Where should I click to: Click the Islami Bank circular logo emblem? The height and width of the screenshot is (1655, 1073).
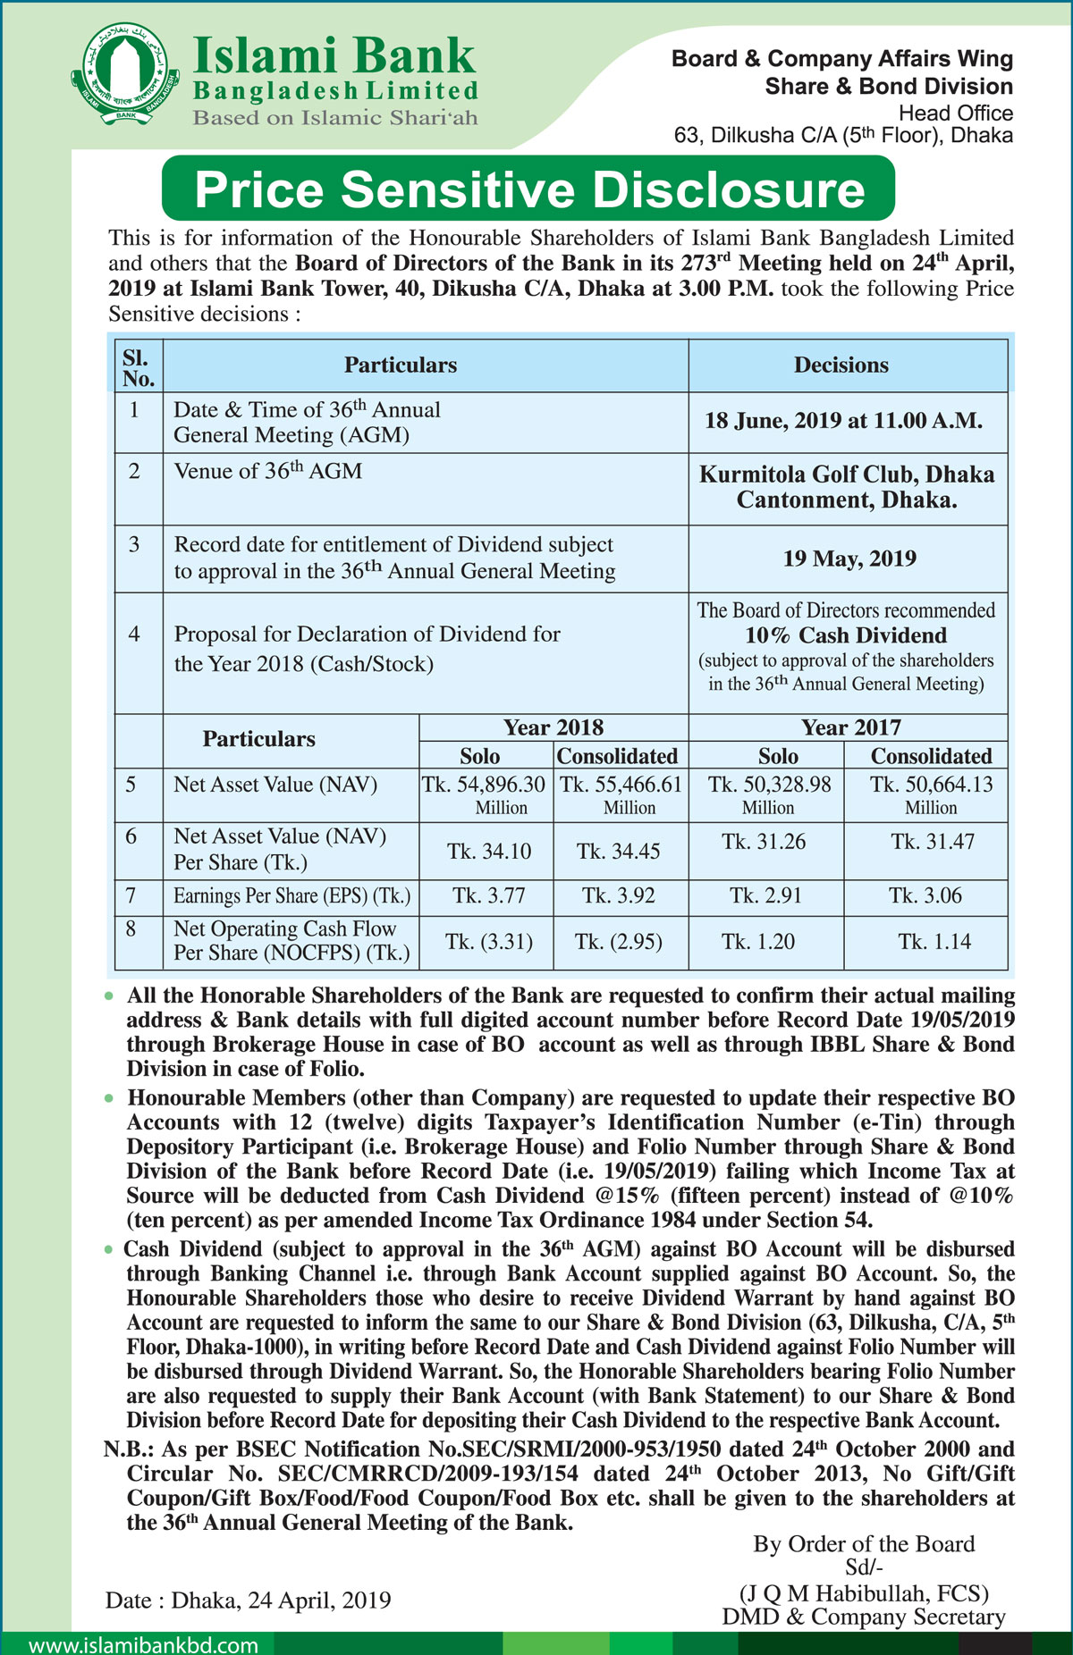point(126,75)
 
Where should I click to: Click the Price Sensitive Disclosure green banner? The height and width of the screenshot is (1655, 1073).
point(528,189)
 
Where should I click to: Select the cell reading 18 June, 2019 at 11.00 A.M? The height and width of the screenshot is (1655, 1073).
point(843,421)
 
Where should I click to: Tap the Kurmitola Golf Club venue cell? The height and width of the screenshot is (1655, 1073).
point(846,487)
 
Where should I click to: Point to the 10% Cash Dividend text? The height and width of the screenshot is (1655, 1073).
point(846,635)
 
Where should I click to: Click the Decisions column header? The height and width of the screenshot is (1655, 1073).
point(841,365)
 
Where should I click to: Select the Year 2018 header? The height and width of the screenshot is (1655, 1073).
point(553,727)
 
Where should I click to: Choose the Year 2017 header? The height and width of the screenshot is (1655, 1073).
point(850,727)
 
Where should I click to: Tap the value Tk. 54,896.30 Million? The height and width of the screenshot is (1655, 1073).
point(484,794)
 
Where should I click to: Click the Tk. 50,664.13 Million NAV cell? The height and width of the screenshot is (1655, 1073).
point(931,794)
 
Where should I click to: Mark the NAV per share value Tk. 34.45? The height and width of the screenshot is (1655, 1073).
point(618,851)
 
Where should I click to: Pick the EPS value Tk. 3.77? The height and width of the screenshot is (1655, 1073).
point(488,895)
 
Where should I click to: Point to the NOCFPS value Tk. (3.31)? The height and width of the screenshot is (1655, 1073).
point(488,942)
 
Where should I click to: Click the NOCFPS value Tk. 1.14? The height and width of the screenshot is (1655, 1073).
point(934,942)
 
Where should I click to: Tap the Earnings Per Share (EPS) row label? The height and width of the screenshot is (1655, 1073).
point(291,895)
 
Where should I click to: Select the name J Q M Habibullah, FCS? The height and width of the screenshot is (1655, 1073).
point(863,1593)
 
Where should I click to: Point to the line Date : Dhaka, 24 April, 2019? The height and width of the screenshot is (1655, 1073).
point(248,1600)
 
